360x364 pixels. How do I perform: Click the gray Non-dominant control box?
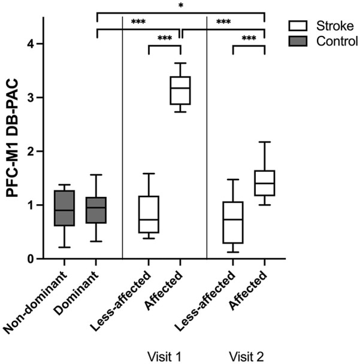click(x=64, y=208)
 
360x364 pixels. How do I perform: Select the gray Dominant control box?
click(x=96, y=210)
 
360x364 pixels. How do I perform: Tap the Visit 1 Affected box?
click(x=180, y=90)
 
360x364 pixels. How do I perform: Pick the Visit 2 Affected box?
click(x=265, y=183)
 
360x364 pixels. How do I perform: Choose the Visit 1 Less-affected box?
click(x=149, y=214)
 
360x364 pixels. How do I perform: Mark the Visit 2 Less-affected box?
click(x=233, y=222)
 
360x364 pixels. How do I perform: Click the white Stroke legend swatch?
click(x=298, y=26)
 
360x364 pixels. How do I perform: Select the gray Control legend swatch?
click(x=298, y=41)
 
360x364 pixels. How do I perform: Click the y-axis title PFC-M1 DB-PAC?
click(x=12, y=138)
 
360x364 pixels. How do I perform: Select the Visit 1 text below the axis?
click(x=164, y=356)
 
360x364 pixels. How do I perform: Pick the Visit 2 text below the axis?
click(x=246, y=356)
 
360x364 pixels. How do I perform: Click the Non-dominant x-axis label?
click(x=35, y=302)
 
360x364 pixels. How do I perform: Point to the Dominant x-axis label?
click(x=76, y=293)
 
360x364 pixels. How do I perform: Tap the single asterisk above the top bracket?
click(x=181, y=5)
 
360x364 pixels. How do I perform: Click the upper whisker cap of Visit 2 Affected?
click(x=265, y=142)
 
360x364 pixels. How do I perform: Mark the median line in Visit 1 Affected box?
click(x=180, y=88)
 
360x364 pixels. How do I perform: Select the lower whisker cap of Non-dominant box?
click(x=64, y=247)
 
